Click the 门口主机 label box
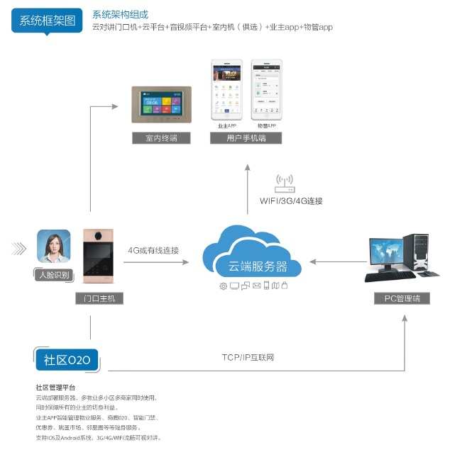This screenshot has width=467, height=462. (x=99, y=298)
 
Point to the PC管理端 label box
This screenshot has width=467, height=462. (x=402, y=298)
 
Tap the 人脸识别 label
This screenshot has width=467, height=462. (x=53, y=274)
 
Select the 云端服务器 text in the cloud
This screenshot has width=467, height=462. (x=258, y=266)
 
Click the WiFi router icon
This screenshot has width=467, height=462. (x=285, y=184)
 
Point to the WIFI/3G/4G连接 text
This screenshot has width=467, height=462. (x=291, y=201)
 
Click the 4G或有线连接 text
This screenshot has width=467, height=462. (x=153, y=250)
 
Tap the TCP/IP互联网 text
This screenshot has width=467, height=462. (x=248, y=357)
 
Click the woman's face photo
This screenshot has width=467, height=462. (x=54, y=246)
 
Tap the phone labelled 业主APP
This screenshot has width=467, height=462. (x=227, y=90)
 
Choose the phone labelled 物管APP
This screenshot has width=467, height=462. (x=266, y=90)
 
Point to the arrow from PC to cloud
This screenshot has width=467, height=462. (x=336, y=261)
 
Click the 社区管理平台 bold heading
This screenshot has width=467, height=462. (x=55, y=388)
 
